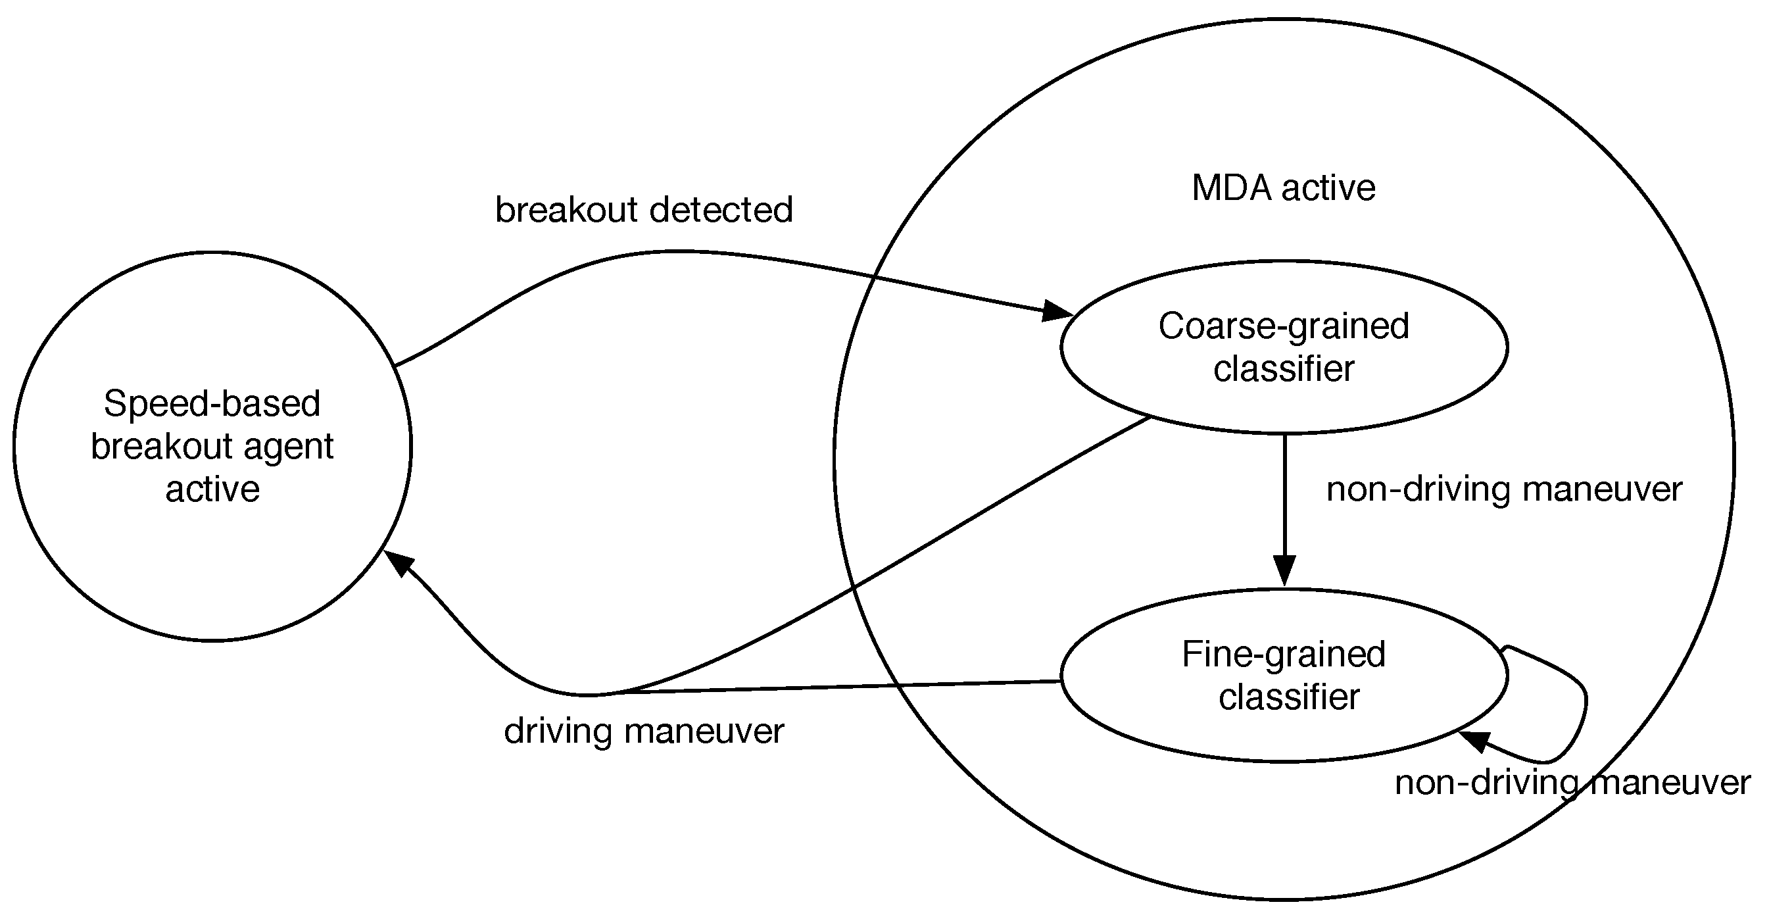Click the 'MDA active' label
(x=1283, y=188)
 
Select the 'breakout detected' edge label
(x=644, y=210)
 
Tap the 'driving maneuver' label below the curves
(x=644, y=731)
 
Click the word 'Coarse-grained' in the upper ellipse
(x=1284, y=326)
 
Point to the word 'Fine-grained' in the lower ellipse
(x=1283, y=654)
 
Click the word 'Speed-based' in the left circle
(x=212, y=404)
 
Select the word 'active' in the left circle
(x=212, y=489)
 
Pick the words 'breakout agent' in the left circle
(x=212, y=447)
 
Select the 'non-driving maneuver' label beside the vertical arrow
(x=1504, y=490)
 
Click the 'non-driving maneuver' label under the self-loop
(x=1572, y=783)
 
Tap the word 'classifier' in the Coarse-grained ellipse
(x=1284, y=369)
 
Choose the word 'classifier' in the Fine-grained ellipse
(x=1289, y=697)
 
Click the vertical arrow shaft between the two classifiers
(x=1284, y=495)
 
